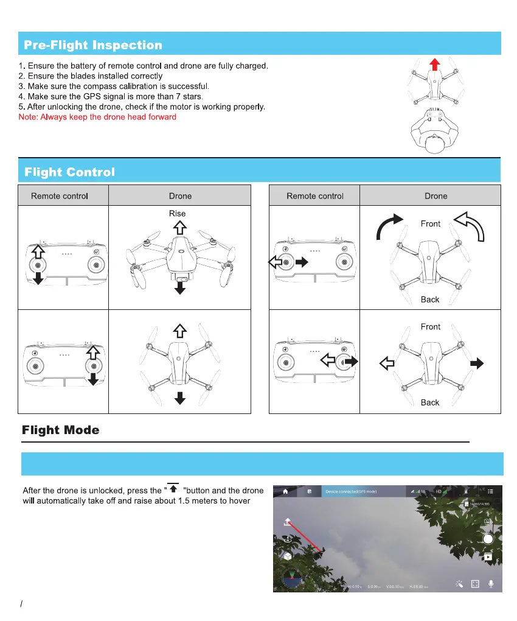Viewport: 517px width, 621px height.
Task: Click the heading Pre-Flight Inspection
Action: [x=93, y=45]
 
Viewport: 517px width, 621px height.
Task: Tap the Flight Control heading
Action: [x=69, y=172]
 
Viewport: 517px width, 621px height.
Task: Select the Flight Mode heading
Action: [x=61, y=430]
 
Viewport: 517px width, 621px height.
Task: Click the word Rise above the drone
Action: [x=178, y=213]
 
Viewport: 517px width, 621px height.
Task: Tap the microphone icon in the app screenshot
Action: [x=491, y=583]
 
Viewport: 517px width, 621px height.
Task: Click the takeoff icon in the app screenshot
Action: [x=287, y=521]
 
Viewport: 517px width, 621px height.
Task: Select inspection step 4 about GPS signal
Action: [x=111, y=96]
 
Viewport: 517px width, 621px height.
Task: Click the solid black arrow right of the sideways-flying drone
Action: [x=478, y=363]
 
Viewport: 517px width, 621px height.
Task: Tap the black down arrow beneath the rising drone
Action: [x=179, y=288]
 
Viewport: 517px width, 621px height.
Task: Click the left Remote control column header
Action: [x=60, y=196]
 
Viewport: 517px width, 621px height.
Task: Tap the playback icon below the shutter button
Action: [x=487, y=556]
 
